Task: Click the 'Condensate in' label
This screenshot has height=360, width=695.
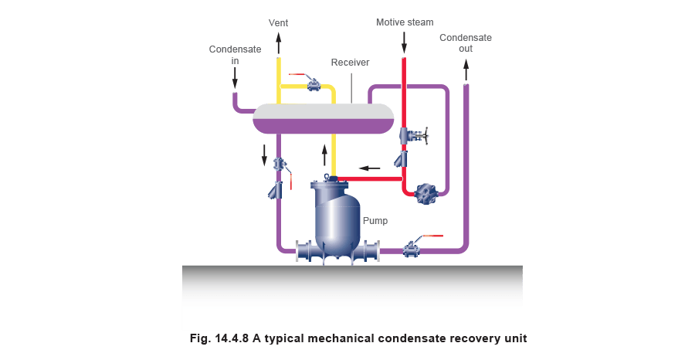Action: (x=235, y=53)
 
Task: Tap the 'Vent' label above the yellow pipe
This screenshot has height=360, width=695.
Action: (x=278, y=23)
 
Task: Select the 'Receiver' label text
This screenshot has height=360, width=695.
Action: (x=350, y=62)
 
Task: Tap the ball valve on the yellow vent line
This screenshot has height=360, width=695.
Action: (x=313, y=83)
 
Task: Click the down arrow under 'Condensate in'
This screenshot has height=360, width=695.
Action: (x=235, y=77)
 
